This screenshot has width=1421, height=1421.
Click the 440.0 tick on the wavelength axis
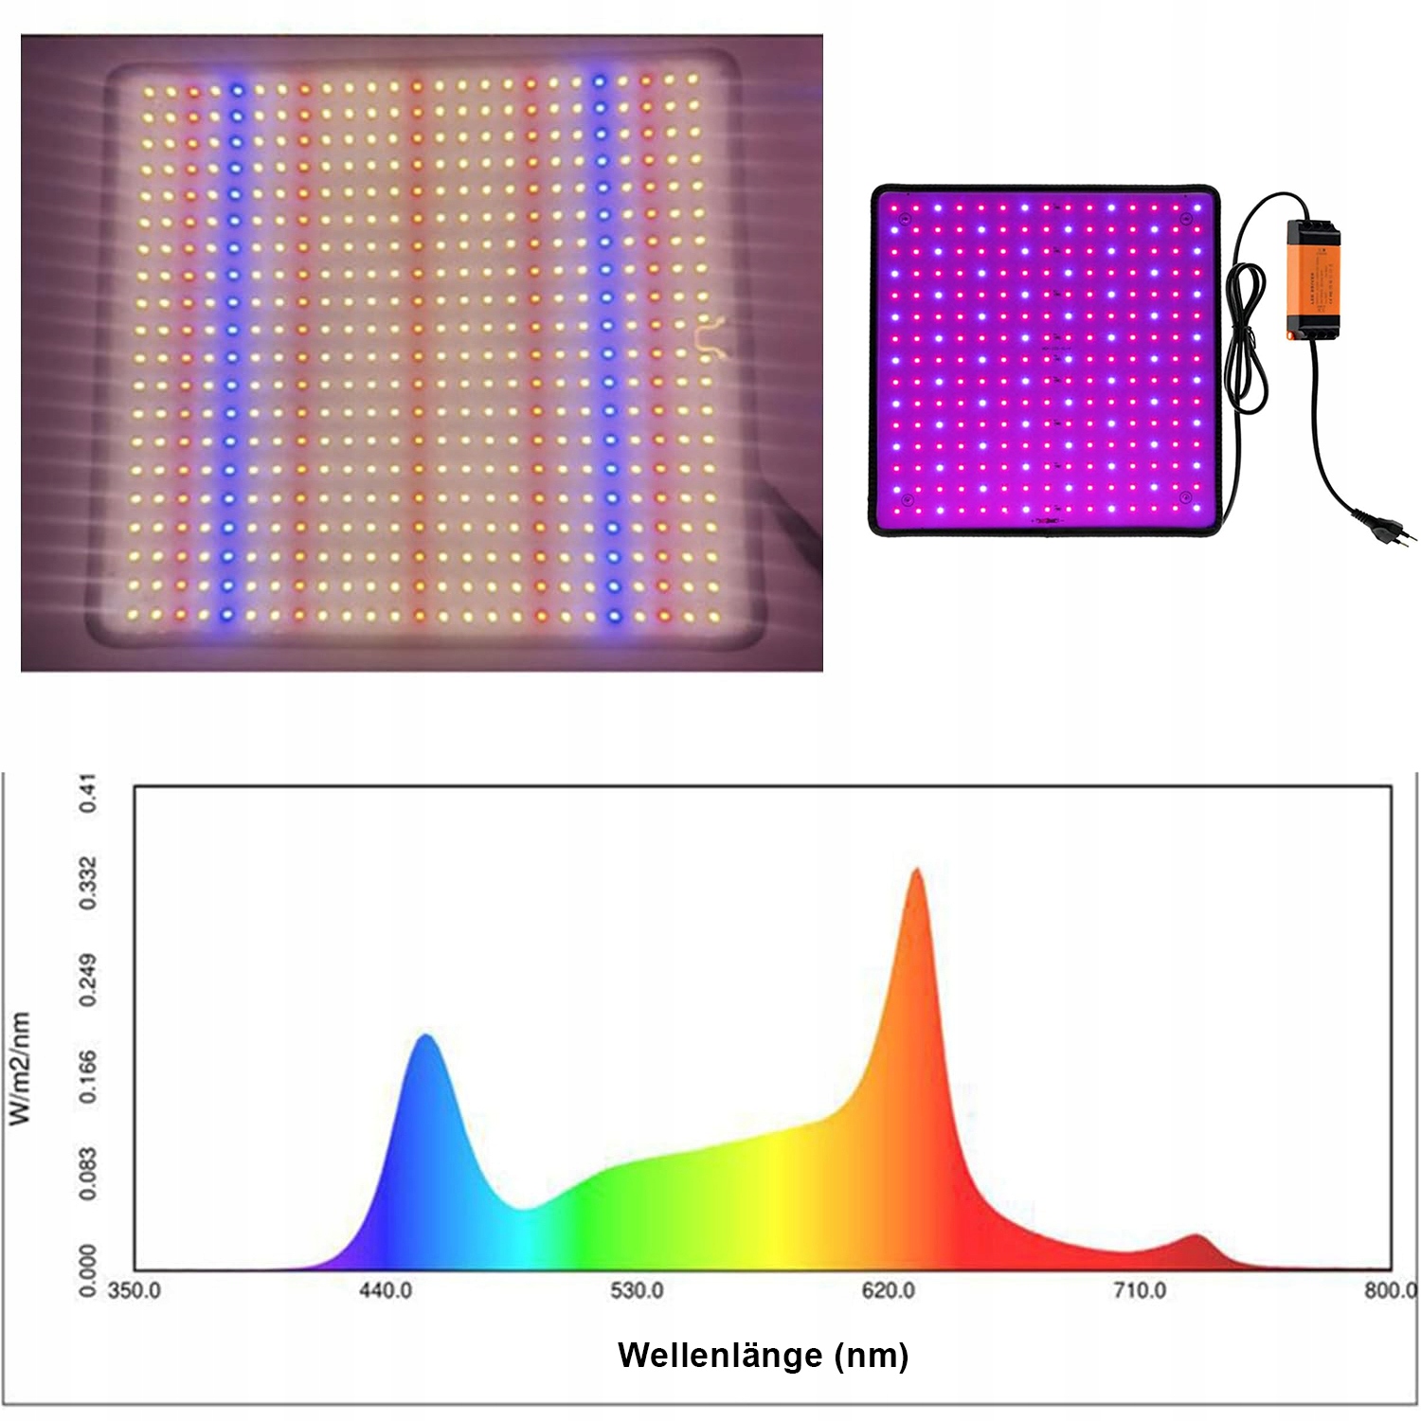pyautogui.click(x=386, y=1290)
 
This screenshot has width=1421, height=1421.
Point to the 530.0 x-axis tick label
pyautogui.click(x=637, y=1290)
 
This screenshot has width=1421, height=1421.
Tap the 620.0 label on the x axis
pyautogui.click(x=889, y=1290)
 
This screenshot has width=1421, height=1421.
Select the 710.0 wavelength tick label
pyautogui.click(x=1140, y=1290)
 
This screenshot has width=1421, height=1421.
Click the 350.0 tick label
pyautogui.click(x=135, y=1290)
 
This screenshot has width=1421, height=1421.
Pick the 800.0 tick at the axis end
pyautogui.click(x=1390, y=1290)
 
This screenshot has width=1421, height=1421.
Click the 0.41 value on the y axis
pyautogui.click(x=87, y=793)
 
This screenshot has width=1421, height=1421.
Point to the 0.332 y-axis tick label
pyautogui.click(x=87, y=883)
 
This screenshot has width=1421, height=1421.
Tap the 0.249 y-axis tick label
pyautogui.click(x=87, y=980)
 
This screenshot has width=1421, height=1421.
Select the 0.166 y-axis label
pyautogui.click(x=87, y=1076)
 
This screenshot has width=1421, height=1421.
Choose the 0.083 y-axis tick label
pyautogui.click(x=87, y=1174)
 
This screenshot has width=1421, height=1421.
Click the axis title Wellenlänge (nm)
pyautogui.click(x=763, y=1355)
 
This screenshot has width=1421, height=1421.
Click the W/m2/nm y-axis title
pyautogui.click(x=20, y=1068)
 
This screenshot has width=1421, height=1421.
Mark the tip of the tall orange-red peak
pyautogui.click(x=916, y=871)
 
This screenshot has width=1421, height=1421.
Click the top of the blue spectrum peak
pyautogui.click(x=426, y=1036)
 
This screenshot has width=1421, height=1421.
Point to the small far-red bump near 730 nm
pyautogui.click(x=1196, y=1237)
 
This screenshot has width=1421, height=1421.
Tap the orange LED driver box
pyautogui.click(x=1312, y=279)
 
